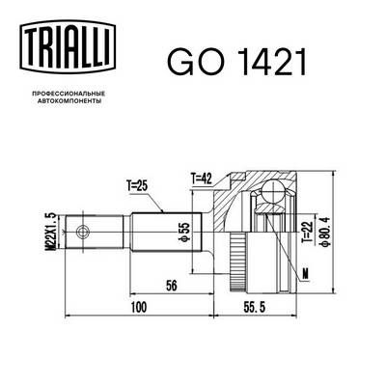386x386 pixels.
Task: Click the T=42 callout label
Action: [203, 178]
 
